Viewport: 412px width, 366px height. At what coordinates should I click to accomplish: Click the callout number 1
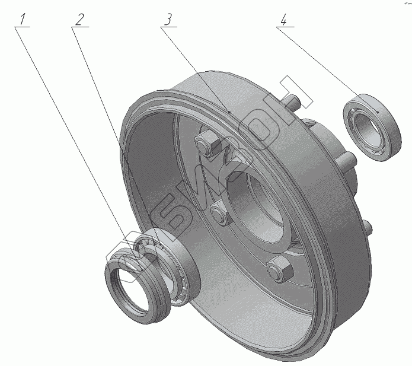pyautogui.click(x=23, y=19)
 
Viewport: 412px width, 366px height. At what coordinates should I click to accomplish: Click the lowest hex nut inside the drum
pyautogui.click(x=279, y=270)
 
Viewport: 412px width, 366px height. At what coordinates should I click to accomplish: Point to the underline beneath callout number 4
pyautogui.click(x=284, y=27)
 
